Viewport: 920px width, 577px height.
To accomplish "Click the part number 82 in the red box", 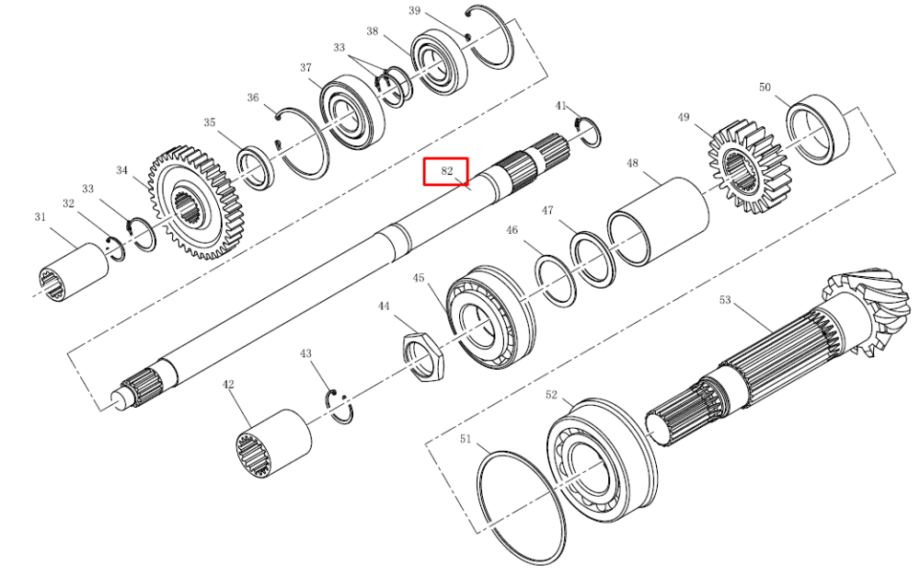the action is (x=447, y=171).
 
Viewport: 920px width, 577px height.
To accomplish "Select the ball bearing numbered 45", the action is (x=490, y=317).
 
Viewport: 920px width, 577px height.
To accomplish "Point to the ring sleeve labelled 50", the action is (x=817, y=129).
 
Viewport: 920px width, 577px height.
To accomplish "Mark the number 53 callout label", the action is (x=725, y=300).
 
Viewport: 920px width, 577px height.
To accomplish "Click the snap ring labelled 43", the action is (x=339, y=405).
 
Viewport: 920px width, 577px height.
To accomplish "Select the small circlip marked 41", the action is (x=587, y=133).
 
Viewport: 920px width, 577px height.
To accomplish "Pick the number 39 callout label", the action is (x=414, y=10).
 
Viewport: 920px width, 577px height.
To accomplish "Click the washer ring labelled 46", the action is (x=555, y=281).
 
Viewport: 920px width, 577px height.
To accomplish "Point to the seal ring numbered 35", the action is (x=256, y=169).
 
